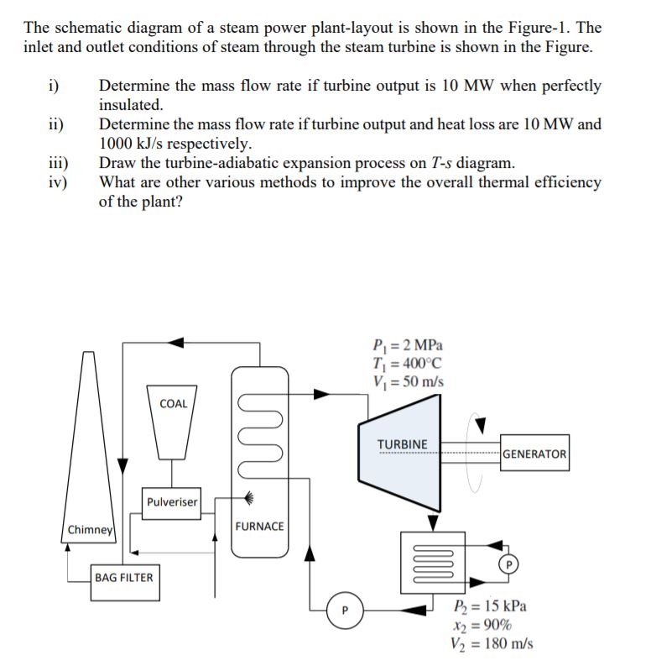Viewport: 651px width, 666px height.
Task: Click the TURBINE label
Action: (402, 444)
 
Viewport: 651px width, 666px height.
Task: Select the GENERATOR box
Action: (535, 454)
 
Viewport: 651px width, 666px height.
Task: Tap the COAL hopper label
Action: (173, 404)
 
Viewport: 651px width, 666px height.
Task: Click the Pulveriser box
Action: (171, 502)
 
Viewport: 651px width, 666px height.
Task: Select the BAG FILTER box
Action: (124, 578)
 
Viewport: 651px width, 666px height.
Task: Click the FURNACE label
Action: (259, 527)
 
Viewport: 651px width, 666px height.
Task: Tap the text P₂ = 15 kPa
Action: (490, 607)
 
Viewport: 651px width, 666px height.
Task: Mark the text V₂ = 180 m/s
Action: (492, 644)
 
